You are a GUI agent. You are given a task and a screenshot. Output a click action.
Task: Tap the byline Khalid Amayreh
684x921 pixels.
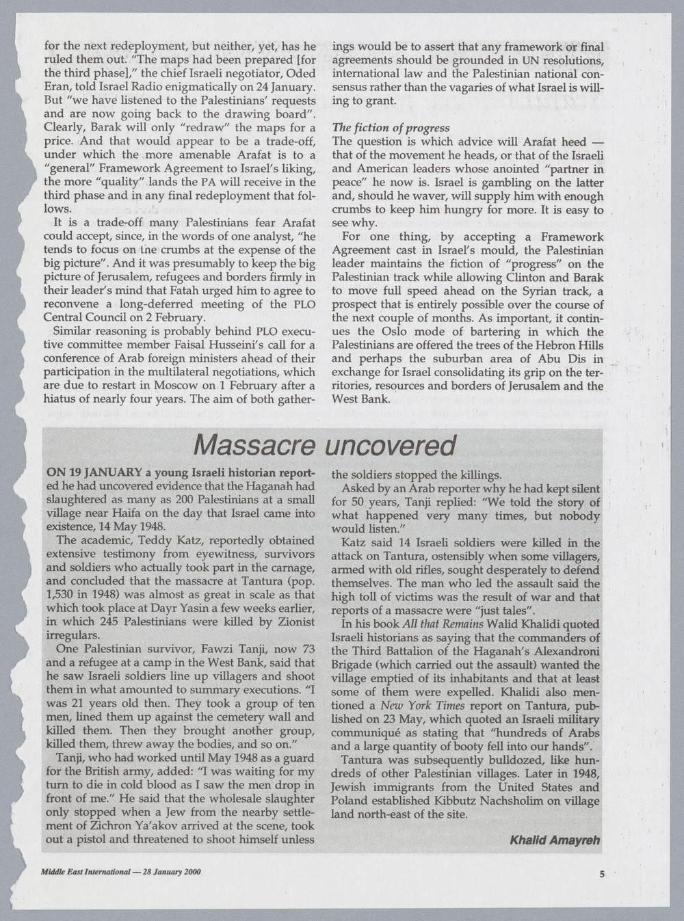point(555,840)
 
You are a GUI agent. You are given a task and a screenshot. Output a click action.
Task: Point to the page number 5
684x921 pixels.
point(602,873)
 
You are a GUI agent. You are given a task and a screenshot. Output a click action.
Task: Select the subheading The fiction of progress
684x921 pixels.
point(391,128)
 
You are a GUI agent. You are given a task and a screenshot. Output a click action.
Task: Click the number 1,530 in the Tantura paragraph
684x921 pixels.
point(60,595)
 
